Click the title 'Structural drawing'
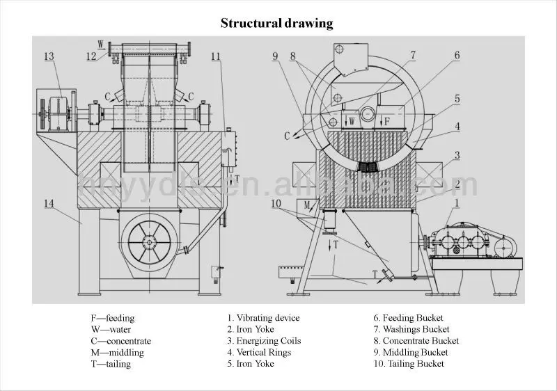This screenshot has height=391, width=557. (x=277, y=24)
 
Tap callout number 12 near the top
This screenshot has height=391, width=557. (x=91, y=56)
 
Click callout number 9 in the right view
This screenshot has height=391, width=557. (x=275, y=56)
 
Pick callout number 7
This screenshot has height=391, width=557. (x=413, y=55)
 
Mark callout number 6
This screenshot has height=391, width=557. (x=457, y=55)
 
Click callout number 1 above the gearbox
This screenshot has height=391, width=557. (x=456, y=202)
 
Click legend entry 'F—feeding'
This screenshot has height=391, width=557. (x=108, y=318)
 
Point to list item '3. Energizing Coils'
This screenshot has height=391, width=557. (x=262, y=341)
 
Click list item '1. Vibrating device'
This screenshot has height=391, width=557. (x=263, y=318)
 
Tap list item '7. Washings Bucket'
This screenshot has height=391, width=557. (x=411, y=329)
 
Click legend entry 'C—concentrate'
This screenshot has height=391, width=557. (x=116, y=341)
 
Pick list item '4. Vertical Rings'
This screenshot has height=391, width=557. (x=259, y=352)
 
